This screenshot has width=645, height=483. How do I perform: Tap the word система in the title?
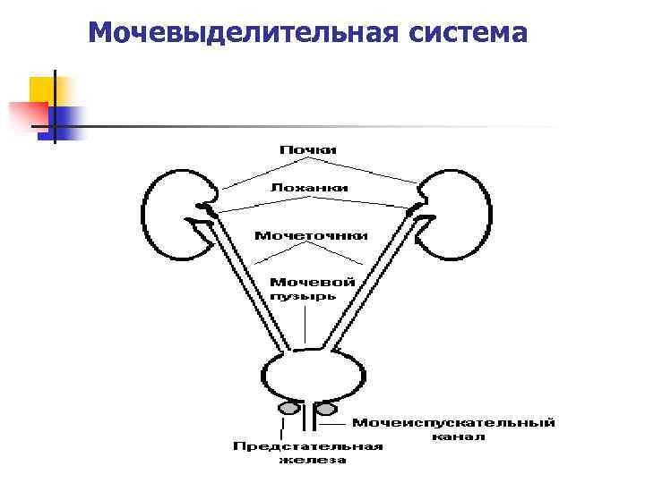pos(468,33)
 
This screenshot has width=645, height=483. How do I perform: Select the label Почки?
pos(307,149)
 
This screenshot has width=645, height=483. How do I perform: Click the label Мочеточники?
pos(311,236)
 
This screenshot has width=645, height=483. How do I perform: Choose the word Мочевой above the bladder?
pos(312,282)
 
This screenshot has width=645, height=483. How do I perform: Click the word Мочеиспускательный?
pos(453,423)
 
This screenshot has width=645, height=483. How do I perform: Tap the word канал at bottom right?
pos(458,437)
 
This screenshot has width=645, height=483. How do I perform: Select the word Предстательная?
pos(308,447)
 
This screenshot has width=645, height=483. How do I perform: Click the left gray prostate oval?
pos(289,408)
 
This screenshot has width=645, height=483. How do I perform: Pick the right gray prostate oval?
pos(327,408)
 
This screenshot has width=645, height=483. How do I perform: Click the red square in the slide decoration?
pos(25,117)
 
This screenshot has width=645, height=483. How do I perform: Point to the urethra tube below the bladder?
pos(307,420)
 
